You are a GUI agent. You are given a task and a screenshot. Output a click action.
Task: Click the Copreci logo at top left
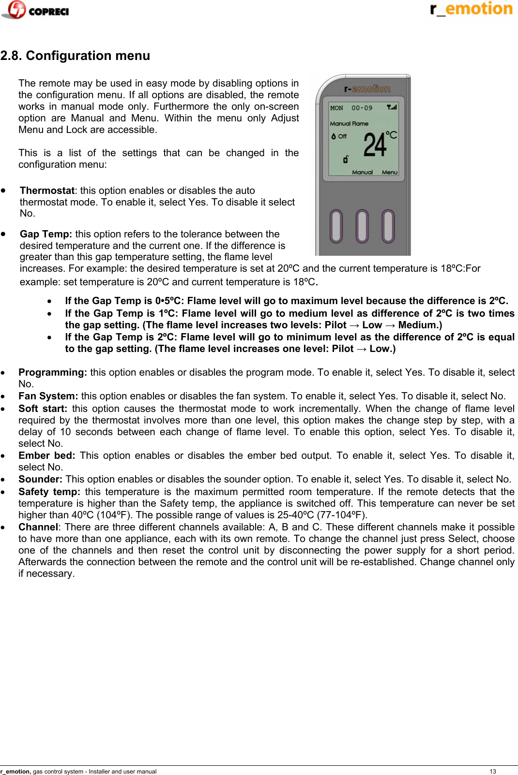coord(35,10)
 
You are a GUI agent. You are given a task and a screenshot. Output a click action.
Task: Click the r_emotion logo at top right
coord(471,9)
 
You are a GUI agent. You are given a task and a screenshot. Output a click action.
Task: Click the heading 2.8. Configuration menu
coord(75,56)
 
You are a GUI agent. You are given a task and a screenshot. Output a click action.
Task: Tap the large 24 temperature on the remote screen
coord(375,145)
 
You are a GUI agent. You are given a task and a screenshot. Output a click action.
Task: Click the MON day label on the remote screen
coord(336,108)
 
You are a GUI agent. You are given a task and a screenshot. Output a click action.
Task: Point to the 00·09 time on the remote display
coord(362,108)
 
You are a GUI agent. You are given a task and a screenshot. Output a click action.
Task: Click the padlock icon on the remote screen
coord(346,159)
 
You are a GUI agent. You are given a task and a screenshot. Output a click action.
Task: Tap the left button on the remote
coord(336,226)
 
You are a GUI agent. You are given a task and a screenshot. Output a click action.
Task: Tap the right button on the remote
coord(388,226)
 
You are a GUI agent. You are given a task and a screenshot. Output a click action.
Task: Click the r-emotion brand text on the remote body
coord(367,89)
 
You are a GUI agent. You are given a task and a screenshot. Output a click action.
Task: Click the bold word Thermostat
coord(47,190)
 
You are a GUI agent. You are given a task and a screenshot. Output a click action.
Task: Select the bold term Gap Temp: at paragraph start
coord(46,234)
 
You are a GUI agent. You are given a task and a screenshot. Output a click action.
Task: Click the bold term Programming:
coord(52,372)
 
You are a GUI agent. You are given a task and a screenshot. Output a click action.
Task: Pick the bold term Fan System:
coord(48,396)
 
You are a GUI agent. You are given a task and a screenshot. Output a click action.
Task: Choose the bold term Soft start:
coord(43,409)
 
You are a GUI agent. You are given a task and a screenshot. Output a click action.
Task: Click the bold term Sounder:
coord(40,479)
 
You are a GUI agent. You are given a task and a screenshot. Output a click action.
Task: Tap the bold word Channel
coord(38,527)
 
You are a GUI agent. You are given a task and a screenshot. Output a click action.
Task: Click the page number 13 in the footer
coord(493,771)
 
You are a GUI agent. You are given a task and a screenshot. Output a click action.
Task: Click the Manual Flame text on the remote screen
coord(349,124)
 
